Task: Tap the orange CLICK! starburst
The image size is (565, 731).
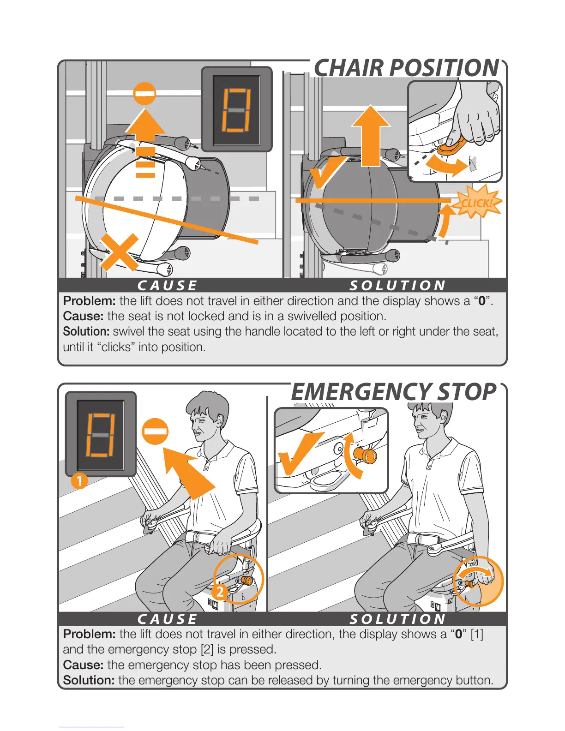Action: click(x=477, y=202)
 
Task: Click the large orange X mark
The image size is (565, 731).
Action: click(x=120, y=252)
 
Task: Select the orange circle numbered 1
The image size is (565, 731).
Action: click(x=79, y=481)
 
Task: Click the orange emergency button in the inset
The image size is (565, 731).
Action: click(x=365, y=455)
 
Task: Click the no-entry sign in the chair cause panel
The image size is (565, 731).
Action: click(x=144, y=94)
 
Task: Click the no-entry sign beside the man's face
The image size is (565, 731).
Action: click(x=155, y=431)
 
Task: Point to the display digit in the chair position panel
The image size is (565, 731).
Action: click(x=236, y=111)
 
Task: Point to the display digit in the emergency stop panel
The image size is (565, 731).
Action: click(x=100, y=435)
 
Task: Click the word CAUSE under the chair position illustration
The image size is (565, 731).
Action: click(x=167, y=286)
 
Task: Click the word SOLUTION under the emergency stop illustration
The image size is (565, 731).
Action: click(x=398, y=619)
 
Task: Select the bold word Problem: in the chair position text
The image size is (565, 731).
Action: click(x=90, y=301)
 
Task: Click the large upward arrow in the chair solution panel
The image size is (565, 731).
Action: click(x=371, y=136)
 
